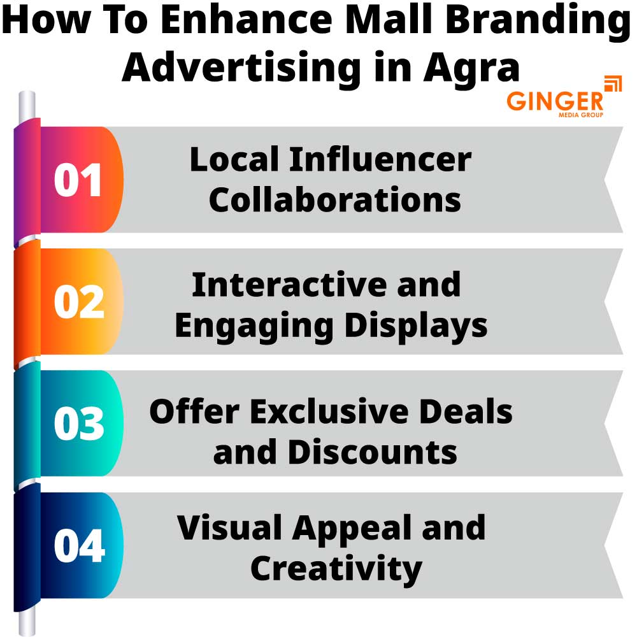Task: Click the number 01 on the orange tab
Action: tap(78, 180)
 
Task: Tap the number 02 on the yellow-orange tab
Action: tap(78, 302)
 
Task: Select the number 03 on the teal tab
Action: tap(78, 424)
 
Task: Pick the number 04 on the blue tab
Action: tap(78, 546)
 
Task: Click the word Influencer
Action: tap(380, 159)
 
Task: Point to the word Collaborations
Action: tap(335, 199)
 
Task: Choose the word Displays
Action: tap(417, 325)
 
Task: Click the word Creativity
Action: tap(336, 568)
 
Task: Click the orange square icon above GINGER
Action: tap(612, 84)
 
